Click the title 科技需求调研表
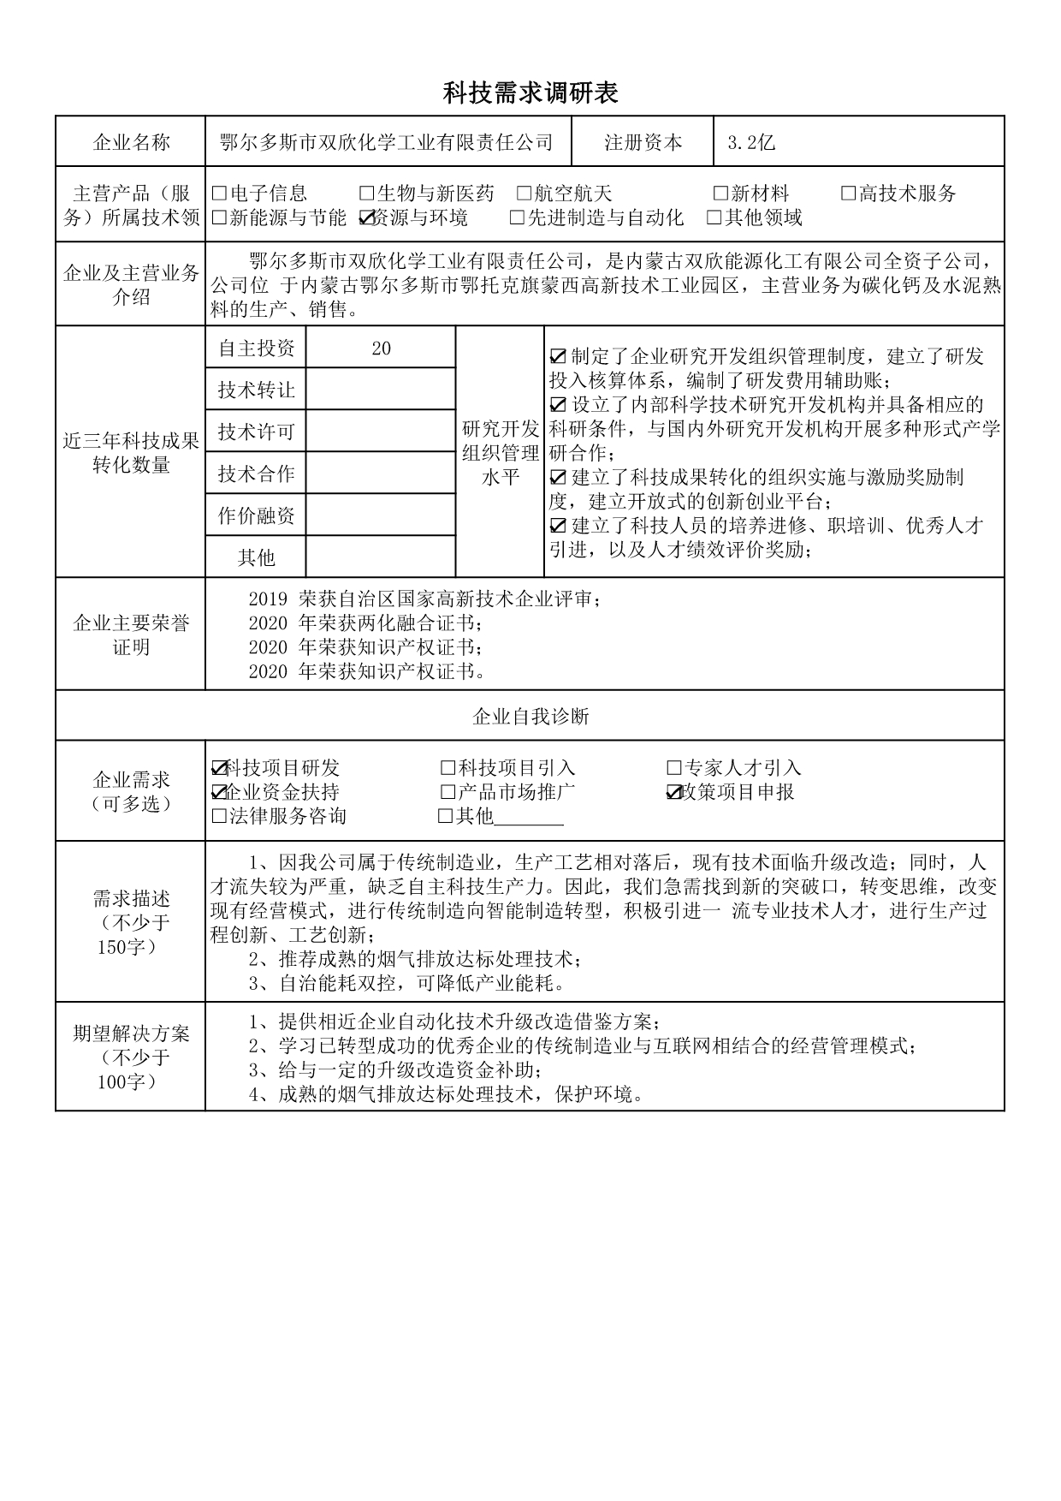(530, 92)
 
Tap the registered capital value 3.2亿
(750, 143)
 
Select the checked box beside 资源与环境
(367, 217)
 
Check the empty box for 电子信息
(219, 194)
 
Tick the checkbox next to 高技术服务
(848, 194)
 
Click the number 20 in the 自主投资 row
(381, 348)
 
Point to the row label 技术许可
(256, 432)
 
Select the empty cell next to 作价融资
(381, 515)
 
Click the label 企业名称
(131, 143)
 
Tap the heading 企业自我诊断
(530, 716)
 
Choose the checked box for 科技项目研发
(219, 768)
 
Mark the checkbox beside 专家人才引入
(673, 768)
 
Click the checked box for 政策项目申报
(673, 792)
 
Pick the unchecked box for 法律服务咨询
(219, 816)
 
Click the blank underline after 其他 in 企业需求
(529, 818)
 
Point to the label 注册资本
(643, 143)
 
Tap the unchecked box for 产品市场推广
(448, 792)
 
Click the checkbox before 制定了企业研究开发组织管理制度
(558, 356)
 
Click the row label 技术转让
(256, 390)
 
